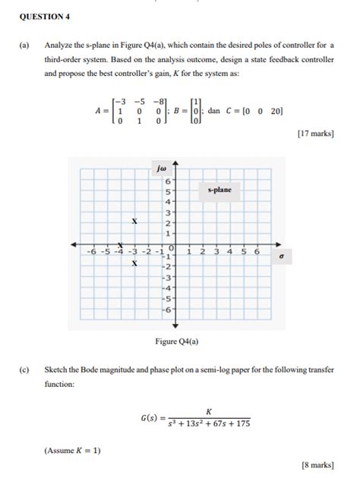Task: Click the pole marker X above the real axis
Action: tap(134, 222)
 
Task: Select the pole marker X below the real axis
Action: tap(134, 263)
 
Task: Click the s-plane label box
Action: tap(219, 190)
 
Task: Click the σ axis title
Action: tap(281, 256)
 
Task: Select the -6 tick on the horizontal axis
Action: tap(91, 251)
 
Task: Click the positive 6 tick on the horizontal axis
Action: tap(257, 251)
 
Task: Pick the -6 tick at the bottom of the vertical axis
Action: tap(169, 310)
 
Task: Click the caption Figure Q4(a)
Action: tap(176, 341)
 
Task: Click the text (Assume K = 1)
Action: tap(73, 451)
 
